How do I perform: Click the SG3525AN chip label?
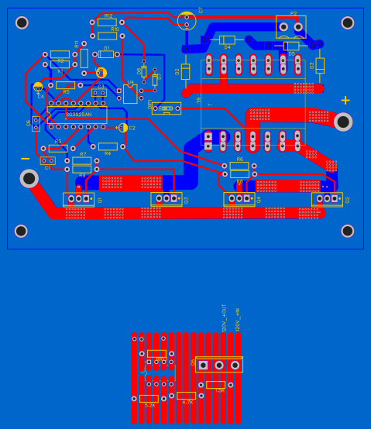point(78,114)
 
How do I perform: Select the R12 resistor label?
point(108,15)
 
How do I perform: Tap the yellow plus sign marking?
point(345,100)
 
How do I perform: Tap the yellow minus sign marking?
point(26,160)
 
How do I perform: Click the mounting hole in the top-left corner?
point(22,22)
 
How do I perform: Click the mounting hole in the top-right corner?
point(348,22)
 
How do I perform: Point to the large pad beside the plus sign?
point(343,122)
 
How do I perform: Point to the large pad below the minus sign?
point(29,178)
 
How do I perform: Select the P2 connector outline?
point(290,26)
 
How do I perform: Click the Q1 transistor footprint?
point(78,199)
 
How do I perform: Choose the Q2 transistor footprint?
point(327,199)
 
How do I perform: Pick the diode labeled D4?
point(227,40)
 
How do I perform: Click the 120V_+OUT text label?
point(225,317)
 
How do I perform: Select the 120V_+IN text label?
point(238,319)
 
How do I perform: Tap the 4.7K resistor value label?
point(187,403)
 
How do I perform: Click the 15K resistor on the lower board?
point(216,385)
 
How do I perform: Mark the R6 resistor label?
point(239,159)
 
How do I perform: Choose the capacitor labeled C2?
point(124,128)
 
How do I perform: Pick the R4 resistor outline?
point(108,146)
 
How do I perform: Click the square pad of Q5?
point(204,366)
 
